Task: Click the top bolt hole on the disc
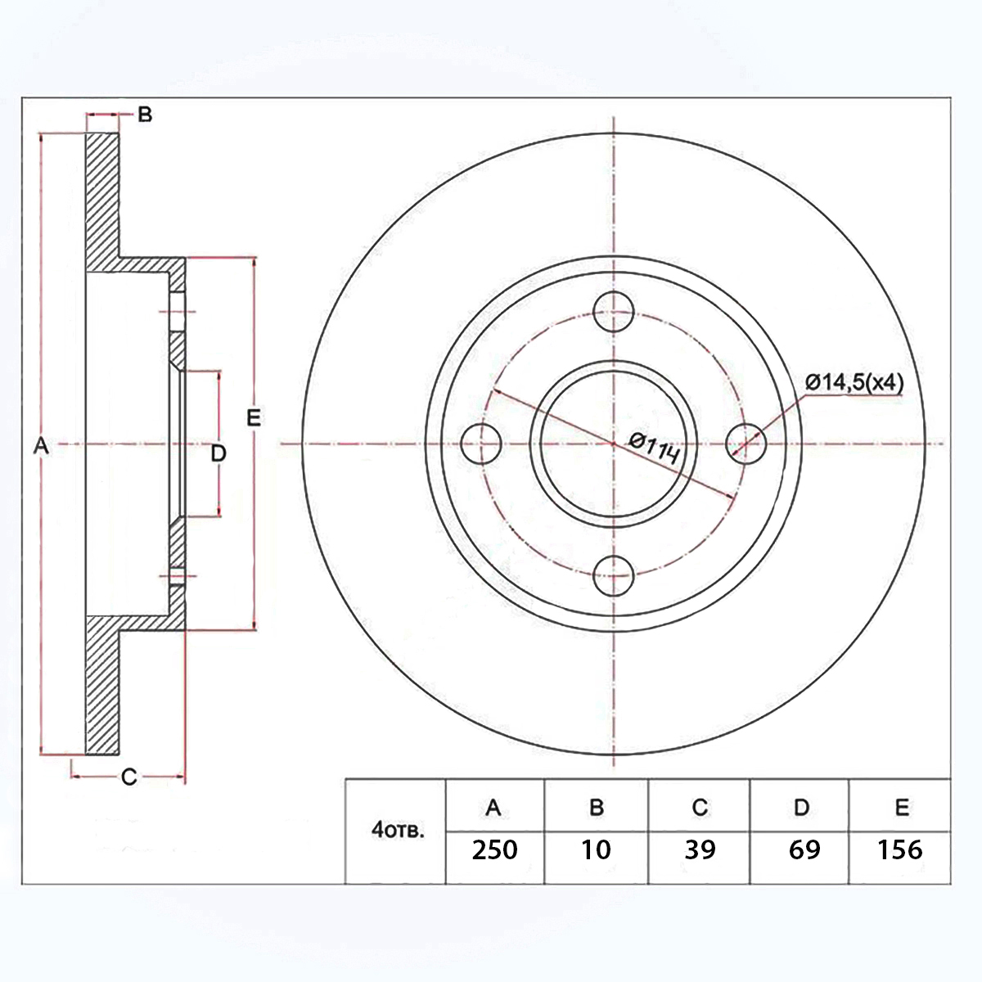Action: coord(614,311)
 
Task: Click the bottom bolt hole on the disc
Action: coord(614,576)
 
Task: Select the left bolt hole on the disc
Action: coord(481,444)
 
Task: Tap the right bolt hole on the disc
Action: coord(746,444)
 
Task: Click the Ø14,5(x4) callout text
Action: coord(854,382)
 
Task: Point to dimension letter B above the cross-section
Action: coord(145,115)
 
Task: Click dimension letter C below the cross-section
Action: coord(129,777)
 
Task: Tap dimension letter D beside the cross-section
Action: coord(218,453)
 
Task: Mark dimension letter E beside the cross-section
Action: coord(253,418)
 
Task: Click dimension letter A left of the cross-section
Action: coord(41,446)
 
